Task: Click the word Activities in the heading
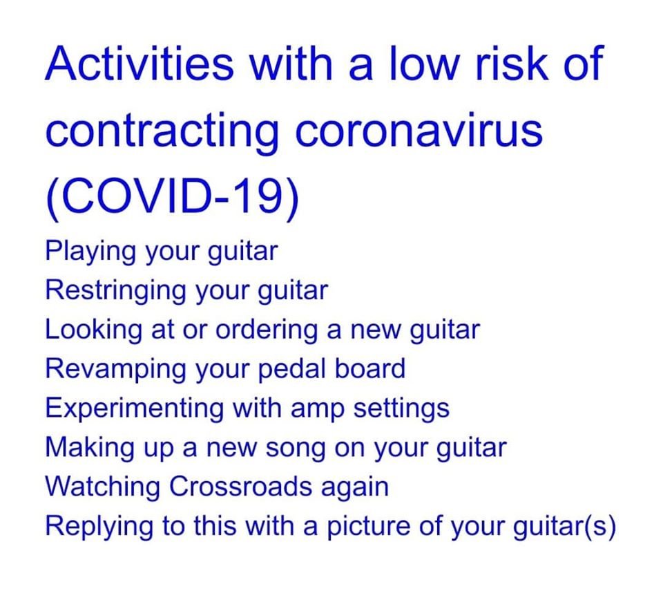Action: coord(139,63)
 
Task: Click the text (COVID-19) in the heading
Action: coord(172,196)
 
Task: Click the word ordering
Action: coord(267,330)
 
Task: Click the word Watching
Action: coord(102,487)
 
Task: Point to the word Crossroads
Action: coord(240,487)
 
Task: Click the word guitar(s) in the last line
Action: coord(564,527)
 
